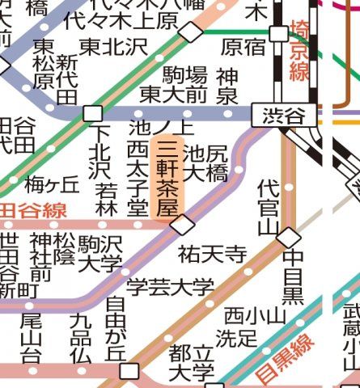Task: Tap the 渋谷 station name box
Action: coord(283,116)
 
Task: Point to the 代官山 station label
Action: coord(268,209)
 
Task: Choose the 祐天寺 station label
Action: coord(212,255)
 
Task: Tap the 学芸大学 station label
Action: coord(170,286)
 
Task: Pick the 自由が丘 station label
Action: coord(116,329)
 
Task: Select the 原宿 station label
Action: coord(243,46)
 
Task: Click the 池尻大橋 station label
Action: coord(205,162)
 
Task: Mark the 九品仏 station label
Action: coord(80,337)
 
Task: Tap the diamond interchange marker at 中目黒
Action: coord(289,237)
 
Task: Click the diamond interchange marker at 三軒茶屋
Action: coord(183,224)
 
